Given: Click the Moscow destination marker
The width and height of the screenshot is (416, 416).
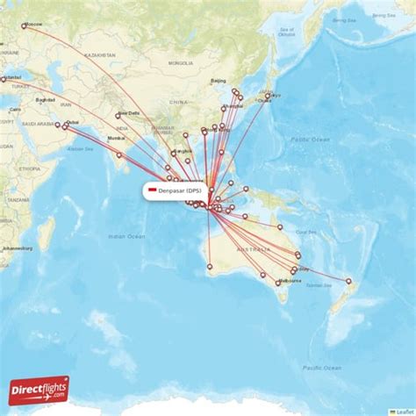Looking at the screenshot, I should (x=24, y=26).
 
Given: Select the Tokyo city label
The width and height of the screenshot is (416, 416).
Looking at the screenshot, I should (x=274, y=95).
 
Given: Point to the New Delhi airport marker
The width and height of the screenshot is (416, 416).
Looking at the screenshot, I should (x=118, y=116).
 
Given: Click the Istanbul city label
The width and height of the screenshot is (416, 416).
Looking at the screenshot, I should (x=12, y=78).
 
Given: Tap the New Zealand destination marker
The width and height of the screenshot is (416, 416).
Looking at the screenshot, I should (x=348, y=282).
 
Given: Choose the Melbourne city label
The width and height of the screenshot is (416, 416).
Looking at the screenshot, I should (x=290, y=281).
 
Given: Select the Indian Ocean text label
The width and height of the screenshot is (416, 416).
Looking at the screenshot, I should (x=126, y=236).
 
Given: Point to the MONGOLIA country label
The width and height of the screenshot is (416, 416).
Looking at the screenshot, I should (x=182, y=63).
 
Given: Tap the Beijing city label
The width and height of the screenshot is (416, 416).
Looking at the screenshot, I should (x=219, y=81).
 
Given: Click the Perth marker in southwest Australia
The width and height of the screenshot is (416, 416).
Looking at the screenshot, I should (x=210, y=266).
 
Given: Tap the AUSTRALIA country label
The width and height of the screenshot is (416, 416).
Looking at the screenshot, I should (x=252, y=248).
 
